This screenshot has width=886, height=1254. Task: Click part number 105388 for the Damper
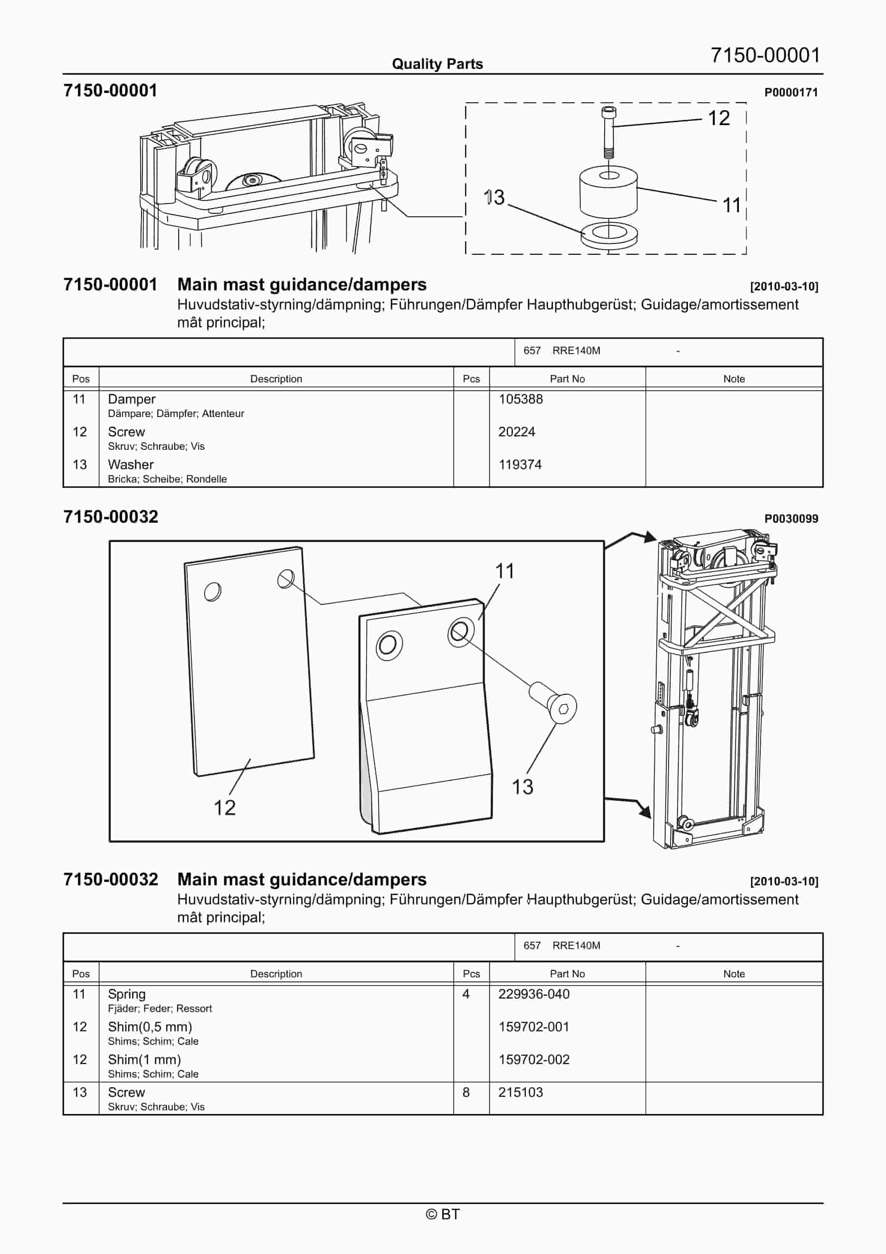[520, 399]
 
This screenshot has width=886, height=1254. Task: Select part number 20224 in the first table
[516, 432]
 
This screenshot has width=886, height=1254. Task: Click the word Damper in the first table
[132, 399]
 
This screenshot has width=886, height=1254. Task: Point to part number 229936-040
[534, 994]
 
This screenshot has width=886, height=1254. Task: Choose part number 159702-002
[534, 1060]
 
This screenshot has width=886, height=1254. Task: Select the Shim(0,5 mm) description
[150, 1027]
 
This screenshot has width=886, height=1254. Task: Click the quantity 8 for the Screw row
[466, 1092]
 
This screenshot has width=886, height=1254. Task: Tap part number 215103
[520, 1092]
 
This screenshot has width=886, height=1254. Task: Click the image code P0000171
[790, 92]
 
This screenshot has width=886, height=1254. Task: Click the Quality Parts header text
[437, 64]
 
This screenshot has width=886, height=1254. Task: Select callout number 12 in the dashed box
[718, 118]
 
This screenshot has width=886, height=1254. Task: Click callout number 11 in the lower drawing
[504, 571]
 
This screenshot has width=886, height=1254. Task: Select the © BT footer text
[443, 1214]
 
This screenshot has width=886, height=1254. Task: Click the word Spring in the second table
[127, 994]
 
